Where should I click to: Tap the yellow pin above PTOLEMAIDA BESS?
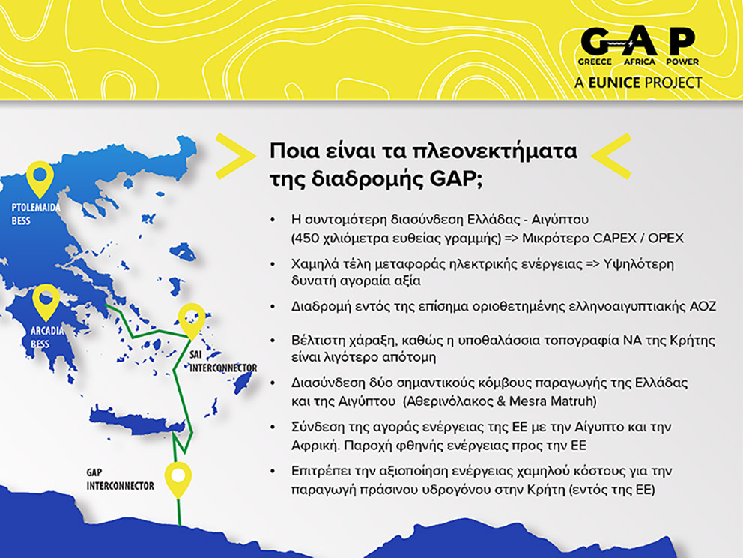(39, 179)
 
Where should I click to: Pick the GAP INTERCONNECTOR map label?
(120, 480)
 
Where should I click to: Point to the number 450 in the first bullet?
(308, 238)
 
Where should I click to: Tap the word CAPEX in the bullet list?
(616, 238)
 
